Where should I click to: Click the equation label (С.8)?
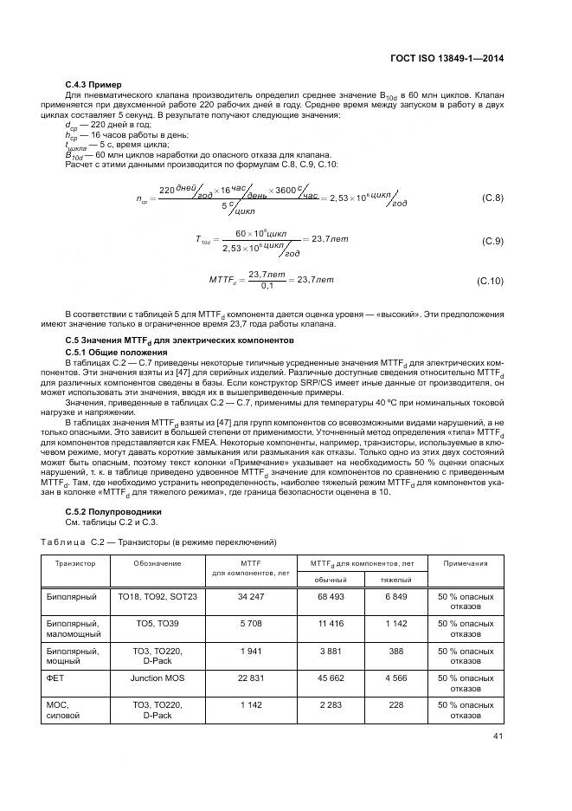[x=492, y=198]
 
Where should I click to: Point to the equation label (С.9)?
[x=492, y=240]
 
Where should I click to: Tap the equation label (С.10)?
[x=490, y=281]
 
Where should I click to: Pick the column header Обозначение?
[x=157, y=563]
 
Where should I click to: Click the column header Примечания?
[x=466, y=563]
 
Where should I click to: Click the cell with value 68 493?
[x=330, y=597]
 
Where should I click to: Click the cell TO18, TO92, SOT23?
[x=157, y=597]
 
